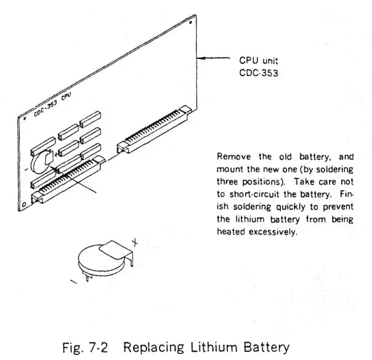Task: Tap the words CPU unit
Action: click(258, 61)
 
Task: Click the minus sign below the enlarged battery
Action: click(74, 281)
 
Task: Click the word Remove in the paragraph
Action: click(230, 158)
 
